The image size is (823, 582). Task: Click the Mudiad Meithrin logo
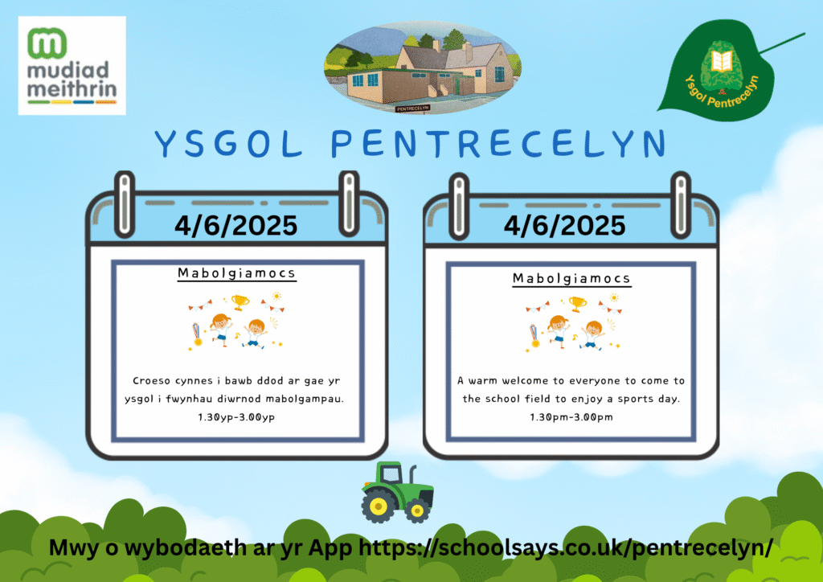coord(72,66)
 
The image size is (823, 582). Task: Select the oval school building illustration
coord(423,68)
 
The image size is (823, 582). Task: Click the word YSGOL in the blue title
coord(229,143)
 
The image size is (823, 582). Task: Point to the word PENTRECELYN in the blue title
coord(498,143)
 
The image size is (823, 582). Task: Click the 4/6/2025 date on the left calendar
coord(236,226)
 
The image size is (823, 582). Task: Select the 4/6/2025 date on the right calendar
coord(565,226)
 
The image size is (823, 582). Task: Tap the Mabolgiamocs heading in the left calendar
coord(237,273)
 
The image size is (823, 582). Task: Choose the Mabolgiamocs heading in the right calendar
coord(571,278)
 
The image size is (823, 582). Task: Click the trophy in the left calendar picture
coord(240,302)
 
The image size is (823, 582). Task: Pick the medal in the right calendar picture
coord(534,336)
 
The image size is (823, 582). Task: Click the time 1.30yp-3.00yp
coord(236,417)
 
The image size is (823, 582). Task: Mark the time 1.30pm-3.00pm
coord(571,417)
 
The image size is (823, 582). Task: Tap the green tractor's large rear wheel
coord(378,506)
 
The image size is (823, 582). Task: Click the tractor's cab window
coord(391,475)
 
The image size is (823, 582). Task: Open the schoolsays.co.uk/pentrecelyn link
coord(565,548)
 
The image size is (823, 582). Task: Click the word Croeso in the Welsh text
coord(150,380)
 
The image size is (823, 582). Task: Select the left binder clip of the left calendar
coord(125,204)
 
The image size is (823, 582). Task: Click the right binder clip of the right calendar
coord(681,205)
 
